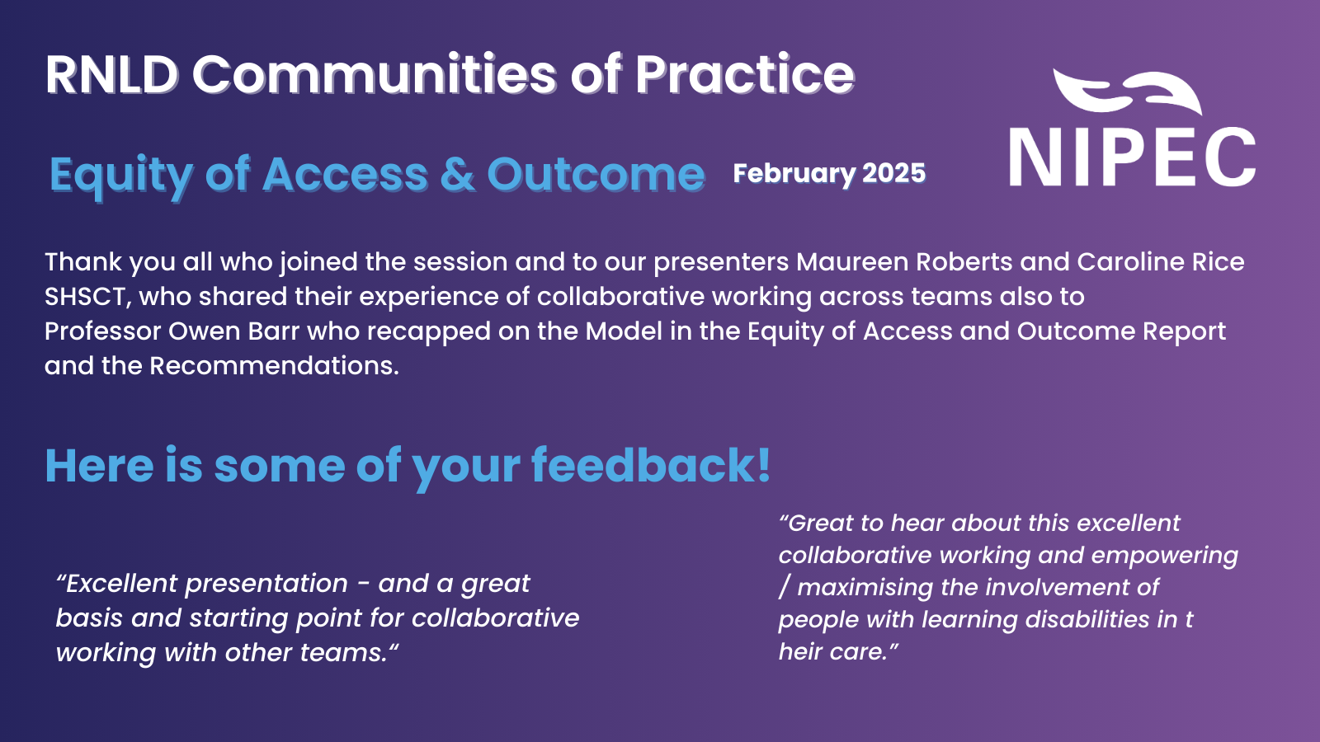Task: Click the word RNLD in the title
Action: click(111, 75)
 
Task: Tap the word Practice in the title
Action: click(744, 75)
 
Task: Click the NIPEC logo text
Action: click(1132, 158)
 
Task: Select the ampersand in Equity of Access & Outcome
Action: click(457, 175)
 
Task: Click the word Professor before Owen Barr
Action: click(102, 331)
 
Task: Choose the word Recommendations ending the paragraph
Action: click(273, 366)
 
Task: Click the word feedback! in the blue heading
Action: click(651, 466)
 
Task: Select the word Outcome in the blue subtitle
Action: click(596, 175)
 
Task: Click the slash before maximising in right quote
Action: click(785, 588)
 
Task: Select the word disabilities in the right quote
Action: click(1070, 620)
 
